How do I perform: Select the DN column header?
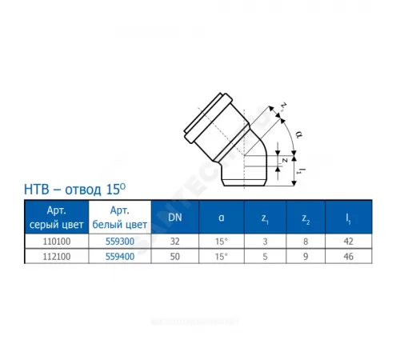tap(176, 216)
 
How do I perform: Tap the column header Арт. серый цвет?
tap(50, 216)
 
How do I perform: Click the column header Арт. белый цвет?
tap(114, 216)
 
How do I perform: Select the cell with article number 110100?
tap(50, 239)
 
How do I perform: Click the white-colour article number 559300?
tap(114, 239)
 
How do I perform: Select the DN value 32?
tap(176, 239)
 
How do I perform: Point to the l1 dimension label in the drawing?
tap(299, 169)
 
